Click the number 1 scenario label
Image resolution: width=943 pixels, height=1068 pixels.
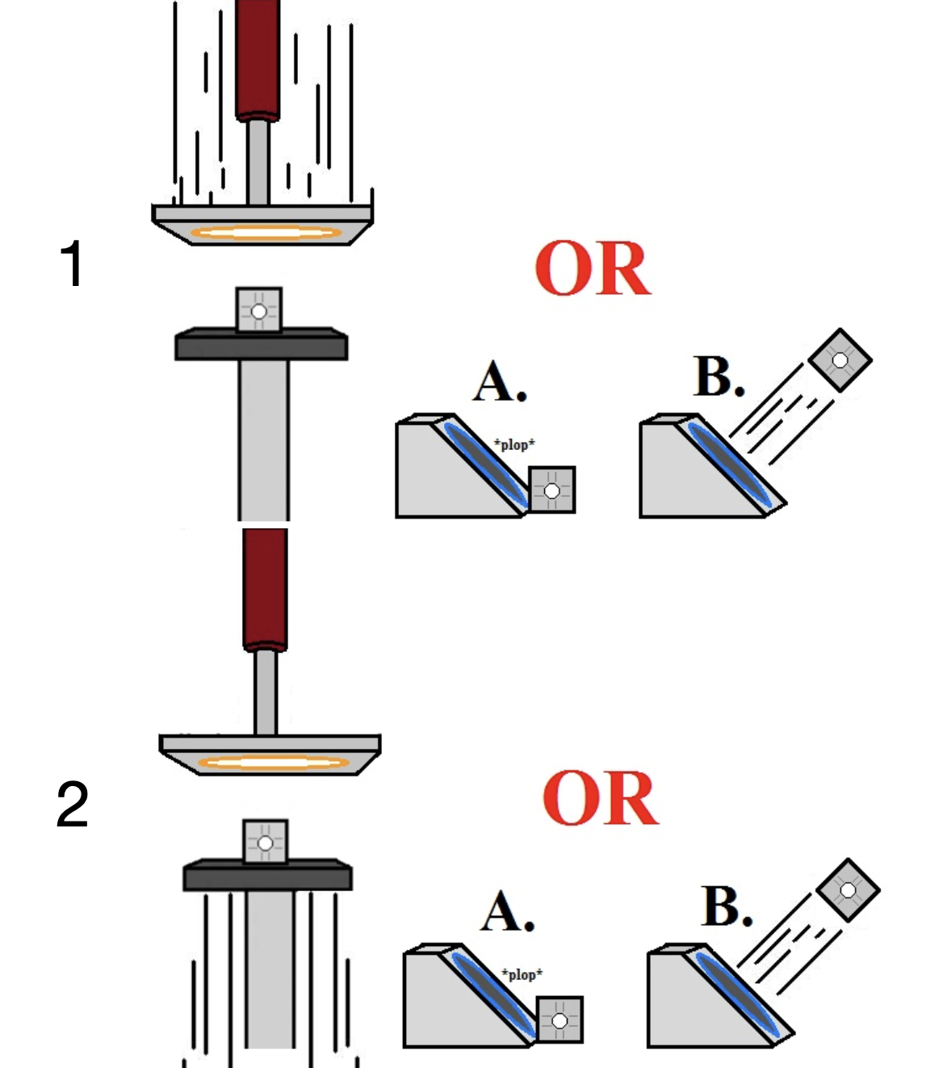(72, 263)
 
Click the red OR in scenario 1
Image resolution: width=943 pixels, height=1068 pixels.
(593, 269)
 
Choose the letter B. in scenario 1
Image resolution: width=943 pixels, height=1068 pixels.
(719, 376)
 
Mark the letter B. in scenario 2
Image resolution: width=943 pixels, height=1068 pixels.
(727, 906)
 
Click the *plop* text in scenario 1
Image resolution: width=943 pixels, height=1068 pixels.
(514, 444)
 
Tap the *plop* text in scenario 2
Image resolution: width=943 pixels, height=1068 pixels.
(522, 974)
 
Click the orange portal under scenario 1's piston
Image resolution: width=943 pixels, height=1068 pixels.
(265, 233)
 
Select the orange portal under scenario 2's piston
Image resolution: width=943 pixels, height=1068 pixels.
(273, 762)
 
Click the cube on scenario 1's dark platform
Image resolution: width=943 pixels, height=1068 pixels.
(259, 310)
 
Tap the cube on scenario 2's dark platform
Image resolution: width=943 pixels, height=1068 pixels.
(266, 842)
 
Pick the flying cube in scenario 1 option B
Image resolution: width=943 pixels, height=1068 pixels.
(840, 360)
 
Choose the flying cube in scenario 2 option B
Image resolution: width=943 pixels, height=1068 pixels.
(848, 889)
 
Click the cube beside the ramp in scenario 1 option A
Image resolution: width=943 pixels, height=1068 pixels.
(552, 490)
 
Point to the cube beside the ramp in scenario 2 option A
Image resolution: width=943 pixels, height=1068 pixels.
(560, 1020)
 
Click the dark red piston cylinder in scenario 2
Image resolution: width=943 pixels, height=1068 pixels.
(265, 588)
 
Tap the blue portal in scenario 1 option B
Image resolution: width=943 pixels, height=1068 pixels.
(727, 465)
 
